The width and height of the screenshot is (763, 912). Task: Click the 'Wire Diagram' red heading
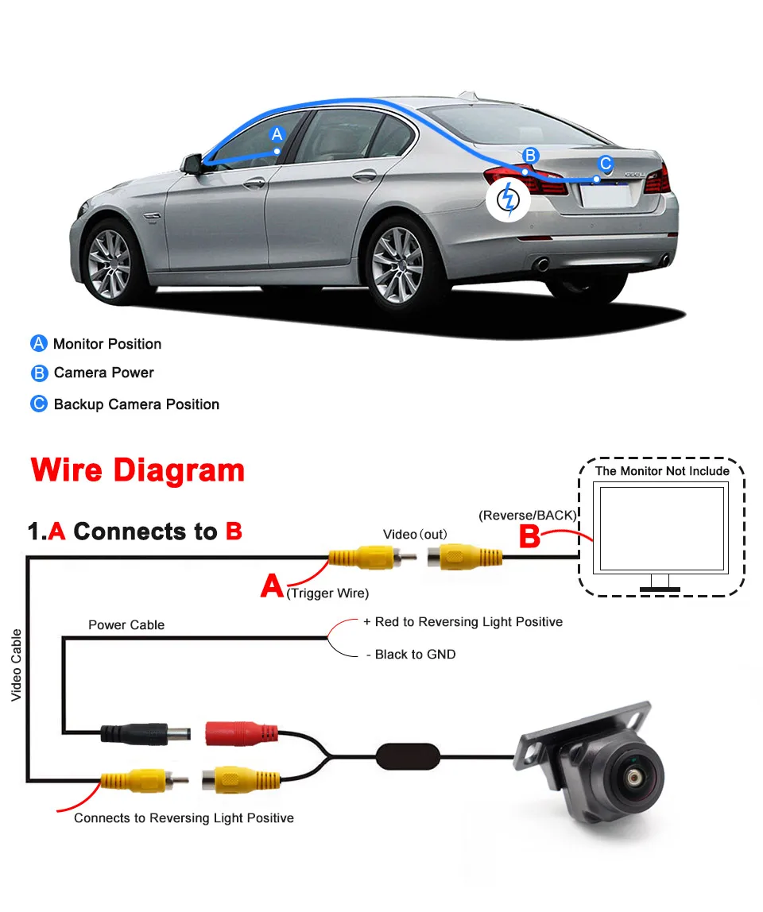coord(137,470)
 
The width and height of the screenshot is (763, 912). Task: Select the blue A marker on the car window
coord(277,134)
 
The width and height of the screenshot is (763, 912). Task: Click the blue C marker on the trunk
coord(606,164)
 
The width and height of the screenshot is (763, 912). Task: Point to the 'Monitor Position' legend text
coord(107,344)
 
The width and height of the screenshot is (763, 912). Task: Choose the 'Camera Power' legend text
coord(103,373)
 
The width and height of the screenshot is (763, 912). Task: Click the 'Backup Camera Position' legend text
coord(136,404)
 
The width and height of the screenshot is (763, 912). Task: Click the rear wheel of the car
coord(397,262)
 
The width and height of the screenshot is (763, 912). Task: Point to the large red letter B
coord(529,537)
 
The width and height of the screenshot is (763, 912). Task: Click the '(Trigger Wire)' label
coord(328,593)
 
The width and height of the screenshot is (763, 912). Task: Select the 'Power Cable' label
coord(126,625)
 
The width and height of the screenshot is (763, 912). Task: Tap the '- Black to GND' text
coord(410,655)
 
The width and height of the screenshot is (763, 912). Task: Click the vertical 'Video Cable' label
coord(17,665)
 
